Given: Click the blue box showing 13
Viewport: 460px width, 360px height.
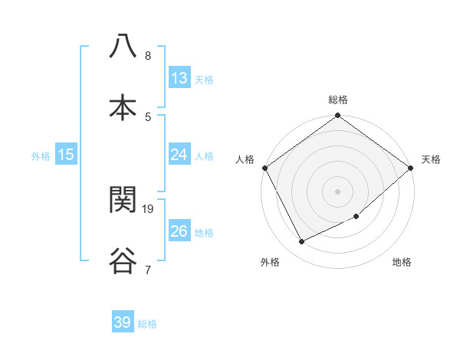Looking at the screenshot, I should [x=179, y=78].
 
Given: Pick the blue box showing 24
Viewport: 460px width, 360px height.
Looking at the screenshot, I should [x=179, y=155].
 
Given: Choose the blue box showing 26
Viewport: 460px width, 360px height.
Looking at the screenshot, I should [x=179, y=231].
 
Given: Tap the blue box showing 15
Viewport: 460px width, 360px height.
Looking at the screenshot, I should [x=67, y=155].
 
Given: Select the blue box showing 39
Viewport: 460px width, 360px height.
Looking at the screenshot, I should [x=123, y=322].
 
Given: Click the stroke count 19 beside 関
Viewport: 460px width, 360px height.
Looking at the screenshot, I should [x=149, y=208].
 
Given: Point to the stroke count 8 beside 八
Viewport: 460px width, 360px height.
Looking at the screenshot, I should [x=148, y=56].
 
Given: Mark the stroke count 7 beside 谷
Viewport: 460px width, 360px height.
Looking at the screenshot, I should [x=148, y=270].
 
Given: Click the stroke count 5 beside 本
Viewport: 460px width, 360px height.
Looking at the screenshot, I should [x=148, y=116].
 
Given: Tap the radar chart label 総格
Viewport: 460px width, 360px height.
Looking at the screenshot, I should [x=338, y=100].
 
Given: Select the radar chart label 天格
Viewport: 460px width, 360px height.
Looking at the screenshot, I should [x=431, y=159].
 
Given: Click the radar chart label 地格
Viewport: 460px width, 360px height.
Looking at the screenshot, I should [x=402, y=263].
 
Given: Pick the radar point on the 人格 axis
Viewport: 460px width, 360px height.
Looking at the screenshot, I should [x=264, y=168].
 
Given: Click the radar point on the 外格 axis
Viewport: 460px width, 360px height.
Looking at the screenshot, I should [x=302, y=242].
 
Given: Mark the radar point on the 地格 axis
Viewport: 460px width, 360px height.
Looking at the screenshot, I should [x=356, y=217].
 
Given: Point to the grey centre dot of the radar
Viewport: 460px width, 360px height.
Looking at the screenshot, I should [x=338, y=191].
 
